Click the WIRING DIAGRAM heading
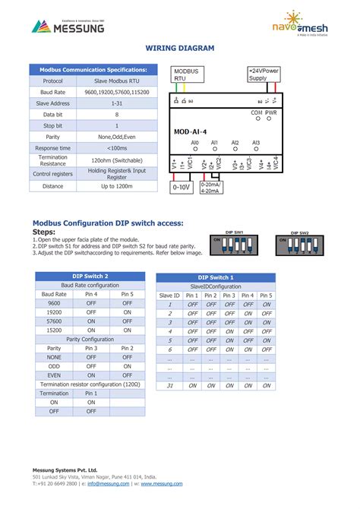[x=180, y=49]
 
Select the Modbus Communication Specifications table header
[x=93, y=70]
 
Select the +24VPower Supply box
[x=264, y=74]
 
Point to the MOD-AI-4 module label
[x=190, y=131]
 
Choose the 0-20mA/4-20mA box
[x=211, y=187]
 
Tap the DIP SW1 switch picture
[x=234, y=243]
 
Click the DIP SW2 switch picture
[x=298, y=244]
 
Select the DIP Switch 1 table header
[x=215, y=278]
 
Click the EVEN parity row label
[x=54, y=375]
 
